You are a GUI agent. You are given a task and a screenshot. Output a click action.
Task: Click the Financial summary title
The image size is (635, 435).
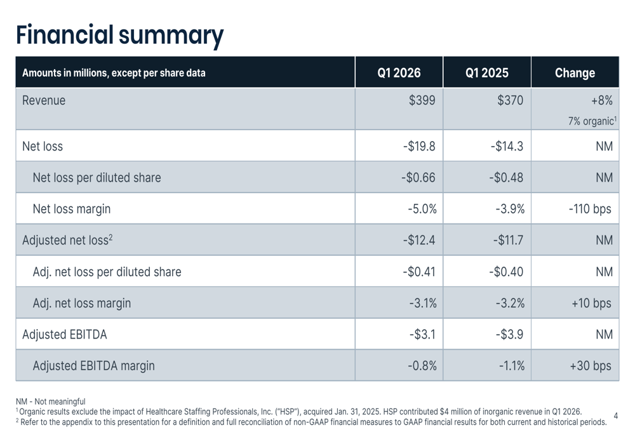(x=119, y=36)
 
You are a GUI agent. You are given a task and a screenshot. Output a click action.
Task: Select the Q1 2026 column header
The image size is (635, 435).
(x=399, y=73)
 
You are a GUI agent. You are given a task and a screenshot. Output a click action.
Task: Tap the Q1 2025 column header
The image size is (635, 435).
(x=487, y=73)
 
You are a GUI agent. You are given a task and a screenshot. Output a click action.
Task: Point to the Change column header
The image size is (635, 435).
(x=575, y=73)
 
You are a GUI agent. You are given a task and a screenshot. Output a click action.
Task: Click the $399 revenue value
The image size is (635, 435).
(x=422, y=100)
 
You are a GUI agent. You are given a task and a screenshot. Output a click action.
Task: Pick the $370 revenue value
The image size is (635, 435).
(x=511, y=100)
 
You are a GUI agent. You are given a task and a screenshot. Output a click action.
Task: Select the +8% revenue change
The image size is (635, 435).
(x=602, y=100)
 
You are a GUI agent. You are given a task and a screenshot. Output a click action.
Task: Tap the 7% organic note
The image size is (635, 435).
(x=592, y=121)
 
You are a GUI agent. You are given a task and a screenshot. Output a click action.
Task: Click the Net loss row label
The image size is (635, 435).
(x=43, y=146)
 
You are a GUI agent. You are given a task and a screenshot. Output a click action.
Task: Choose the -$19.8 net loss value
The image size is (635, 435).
(x=419, y=146)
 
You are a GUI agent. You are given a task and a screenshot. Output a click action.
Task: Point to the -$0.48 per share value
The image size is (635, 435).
(x=506, y=177)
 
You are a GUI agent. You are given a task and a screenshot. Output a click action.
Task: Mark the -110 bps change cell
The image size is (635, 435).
(x=590, y=209)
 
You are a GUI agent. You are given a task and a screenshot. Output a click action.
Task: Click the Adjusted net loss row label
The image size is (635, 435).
(x=67, y=240)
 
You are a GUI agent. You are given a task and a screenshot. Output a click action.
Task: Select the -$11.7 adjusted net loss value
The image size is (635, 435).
(x=508, y=240)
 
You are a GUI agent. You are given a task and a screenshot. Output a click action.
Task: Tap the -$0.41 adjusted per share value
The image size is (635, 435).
(x=419, y=272)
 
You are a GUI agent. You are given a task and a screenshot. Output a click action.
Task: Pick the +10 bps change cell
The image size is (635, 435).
(x=591, y=303)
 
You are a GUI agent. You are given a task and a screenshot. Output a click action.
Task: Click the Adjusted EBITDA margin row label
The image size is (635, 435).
(x=93, y=366)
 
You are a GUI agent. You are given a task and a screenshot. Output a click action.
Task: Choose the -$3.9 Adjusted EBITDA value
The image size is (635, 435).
(x=509, y=335)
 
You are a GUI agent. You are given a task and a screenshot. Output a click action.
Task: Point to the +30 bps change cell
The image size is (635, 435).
(x=591, y=366)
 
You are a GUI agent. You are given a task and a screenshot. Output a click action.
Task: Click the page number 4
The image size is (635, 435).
(x=616, y=416)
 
